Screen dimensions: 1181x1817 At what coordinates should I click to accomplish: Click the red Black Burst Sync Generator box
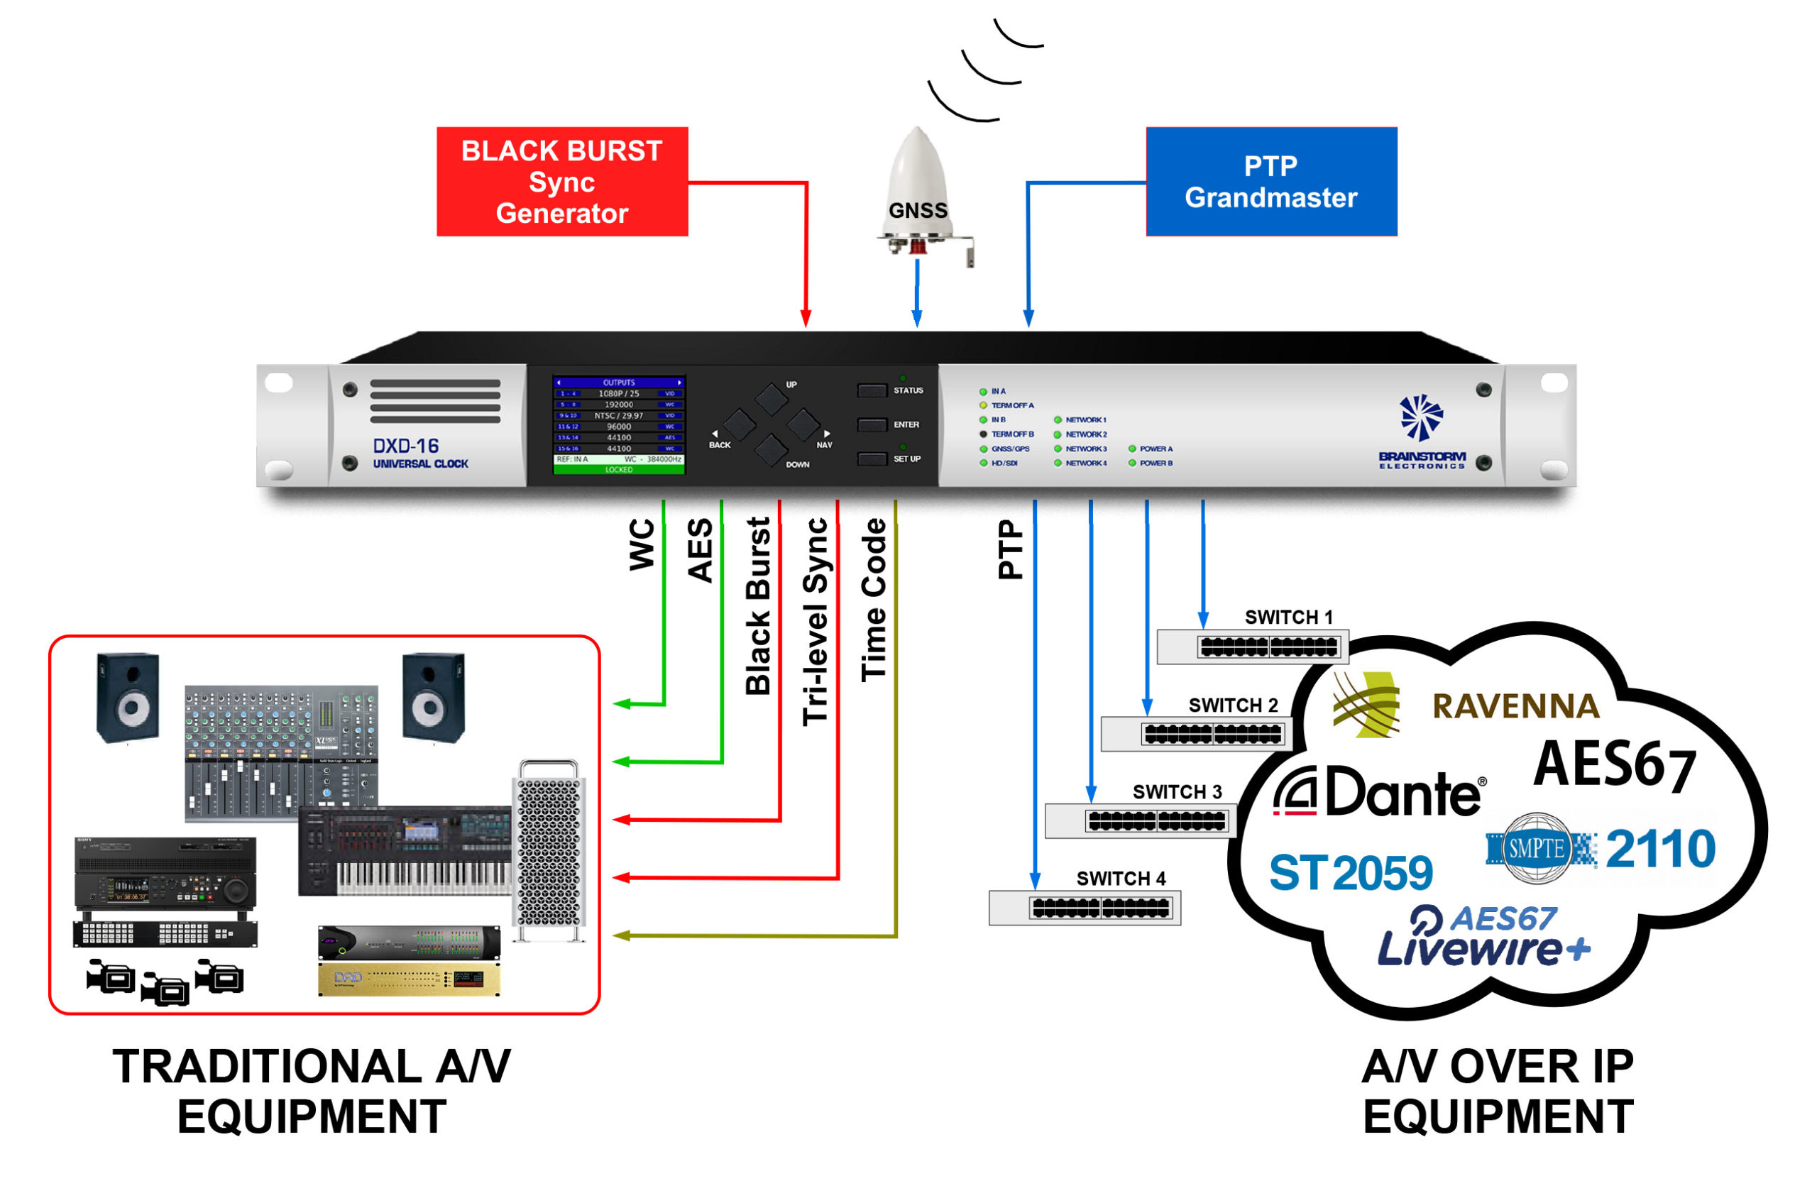562,182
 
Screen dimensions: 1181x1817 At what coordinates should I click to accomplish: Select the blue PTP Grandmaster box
1271,182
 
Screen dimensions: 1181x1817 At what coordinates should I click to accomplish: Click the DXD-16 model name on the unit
405,446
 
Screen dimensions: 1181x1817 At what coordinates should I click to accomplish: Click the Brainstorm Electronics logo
1421,432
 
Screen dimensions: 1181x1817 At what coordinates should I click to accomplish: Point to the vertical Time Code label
874,599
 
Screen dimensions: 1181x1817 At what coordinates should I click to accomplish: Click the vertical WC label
642,544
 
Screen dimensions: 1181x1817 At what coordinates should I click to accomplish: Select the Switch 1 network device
1253,647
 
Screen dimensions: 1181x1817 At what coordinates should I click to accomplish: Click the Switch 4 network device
1084,908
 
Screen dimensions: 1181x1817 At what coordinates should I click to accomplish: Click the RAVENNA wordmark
1515,706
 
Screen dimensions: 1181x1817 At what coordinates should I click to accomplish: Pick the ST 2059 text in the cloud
1350,872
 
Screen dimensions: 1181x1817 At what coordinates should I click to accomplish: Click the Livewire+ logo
1483,938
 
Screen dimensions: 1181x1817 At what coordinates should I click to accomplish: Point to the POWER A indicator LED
1132,449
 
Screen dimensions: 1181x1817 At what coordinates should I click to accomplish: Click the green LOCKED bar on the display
618,470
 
